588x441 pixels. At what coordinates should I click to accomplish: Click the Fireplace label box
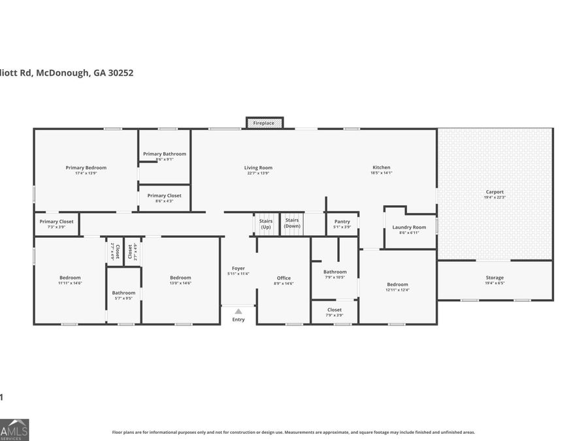264,123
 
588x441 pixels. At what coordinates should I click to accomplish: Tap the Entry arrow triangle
238,312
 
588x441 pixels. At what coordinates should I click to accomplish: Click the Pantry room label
342,221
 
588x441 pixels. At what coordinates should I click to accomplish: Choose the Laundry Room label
409,227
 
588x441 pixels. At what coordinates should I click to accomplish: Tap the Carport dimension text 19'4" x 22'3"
495,197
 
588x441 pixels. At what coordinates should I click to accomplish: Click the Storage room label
495,278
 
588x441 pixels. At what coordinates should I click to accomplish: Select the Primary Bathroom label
165,154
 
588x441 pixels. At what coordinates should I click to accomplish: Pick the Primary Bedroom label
86,167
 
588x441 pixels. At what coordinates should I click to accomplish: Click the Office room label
284,278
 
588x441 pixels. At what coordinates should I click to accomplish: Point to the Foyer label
238,268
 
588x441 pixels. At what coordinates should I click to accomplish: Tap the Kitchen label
381,167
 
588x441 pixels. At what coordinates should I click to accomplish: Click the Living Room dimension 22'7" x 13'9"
258,173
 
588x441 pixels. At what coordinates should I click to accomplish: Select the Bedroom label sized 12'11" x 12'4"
397,284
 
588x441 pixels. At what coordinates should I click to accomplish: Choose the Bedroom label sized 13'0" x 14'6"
180,278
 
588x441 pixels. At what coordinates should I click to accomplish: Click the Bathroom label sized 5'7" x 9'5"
123,293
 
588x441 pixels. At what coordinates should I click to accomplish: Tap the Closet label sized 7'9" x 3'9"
335,310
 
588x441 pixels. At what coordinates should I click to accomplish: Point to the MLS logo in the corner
14,430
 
